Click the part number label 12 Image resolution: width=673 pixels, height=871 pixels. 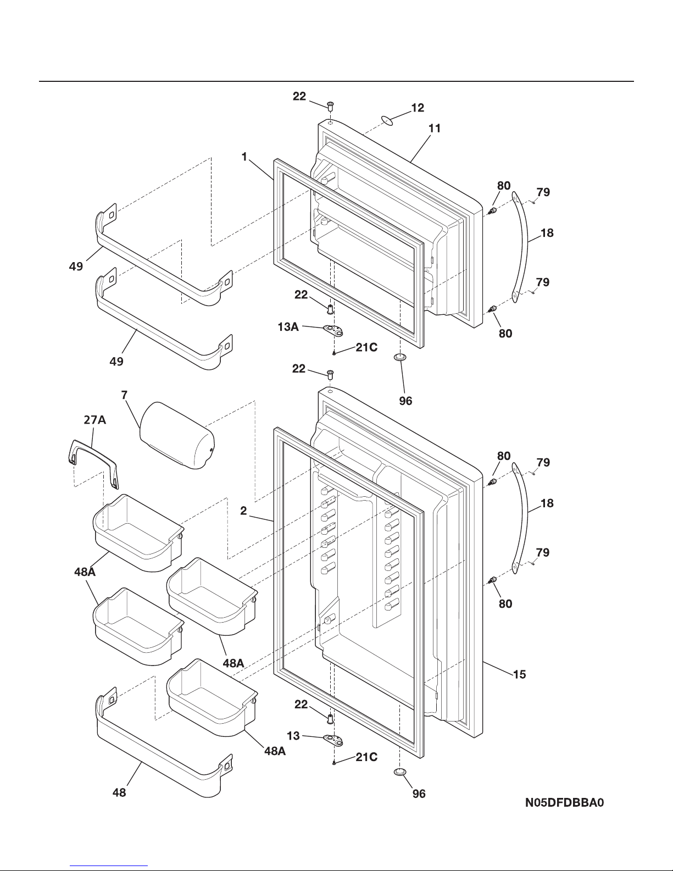tap(418, 108)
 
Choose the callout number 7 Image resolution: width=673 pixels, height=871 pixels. tap(124, 395)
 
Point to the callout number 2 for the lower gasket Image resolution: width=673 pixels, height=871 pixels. tap(243, 511)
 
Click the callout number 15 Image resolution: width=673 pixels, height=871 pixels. tap(519, 674)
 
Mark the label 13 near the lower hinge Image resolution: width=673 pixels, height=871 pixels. tap(294, 735)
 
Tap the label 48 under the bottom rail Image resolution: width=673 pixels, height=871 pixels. tap(119, 792)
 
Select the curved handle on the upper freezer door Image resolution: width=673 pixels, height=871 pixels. tap(520, 246)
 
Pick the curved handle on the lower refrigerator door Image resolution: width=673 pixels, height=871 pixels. tap(520, 517)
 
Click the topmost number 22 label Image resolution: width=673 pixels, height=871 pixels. tap(299, 96)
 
